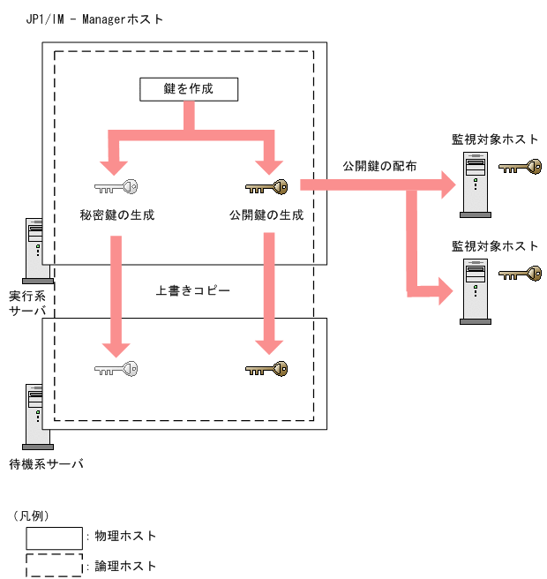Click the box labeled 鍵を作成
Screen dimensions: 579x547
click(189, 89)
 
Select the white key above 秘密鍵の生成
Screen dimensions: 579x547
click(116, 187)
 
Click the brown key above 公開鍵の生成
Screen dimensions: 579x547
click(266, 187)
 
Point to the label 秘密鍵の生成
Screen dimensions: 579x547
click(116, 214)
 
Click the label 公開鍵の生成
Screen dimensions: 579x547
click(266, 214)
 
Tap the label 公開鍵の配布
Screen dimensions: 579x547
click(379, 166)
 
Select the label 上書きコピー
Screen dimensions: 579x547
click(193, 289)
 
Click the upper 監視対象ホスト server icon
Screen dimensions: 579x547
click(476, 185)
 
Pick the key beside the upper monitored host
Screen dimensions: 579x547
click(520, 167)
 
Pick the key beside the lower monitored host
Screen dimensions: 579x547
click(520, 273)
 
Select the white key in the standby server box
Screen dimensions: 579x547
click(116, 368)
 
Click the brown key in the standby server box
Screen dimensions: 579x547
click(266, 368)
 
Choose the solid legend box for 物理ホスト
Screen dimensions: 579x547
click(54, 537)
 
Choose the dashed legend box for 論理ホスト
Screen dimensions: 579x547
click(54, 566)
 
